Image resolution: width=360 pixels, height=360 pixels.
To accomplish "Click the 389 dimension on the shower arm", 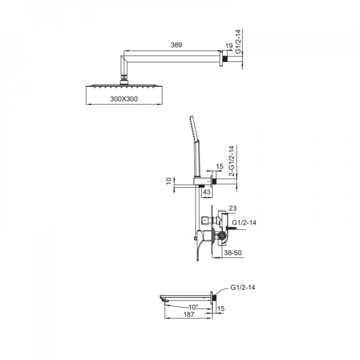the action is coord(176,45).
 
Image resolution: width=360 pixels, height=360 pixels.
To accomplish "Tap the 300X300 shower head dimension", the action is coord(124,99).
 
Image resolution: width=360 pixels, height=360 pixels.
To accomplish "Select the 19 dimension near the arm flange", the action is coord(229,46).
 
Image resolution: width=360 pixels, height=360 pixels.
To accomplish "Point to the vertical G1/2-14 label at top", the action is coord(238,41).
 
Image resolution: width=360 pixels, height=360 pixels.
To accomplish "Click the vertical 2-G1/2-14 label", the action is coord(232,161).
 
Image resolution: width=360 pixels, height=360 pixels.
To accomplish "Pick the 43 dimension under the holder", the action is coord(207,192).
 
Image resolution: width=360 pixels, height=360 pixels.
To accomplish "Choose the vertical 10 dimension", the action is coord(169,181).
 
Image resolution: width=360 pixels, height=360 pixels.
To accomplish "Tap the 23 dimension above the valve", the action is coord(232,208).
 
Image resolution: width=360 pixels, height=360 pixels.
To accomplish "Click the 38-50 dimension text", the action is coord(233,253).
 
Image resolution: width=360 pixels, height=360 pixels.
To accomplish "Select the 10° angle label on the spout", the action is coord(193,307).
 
